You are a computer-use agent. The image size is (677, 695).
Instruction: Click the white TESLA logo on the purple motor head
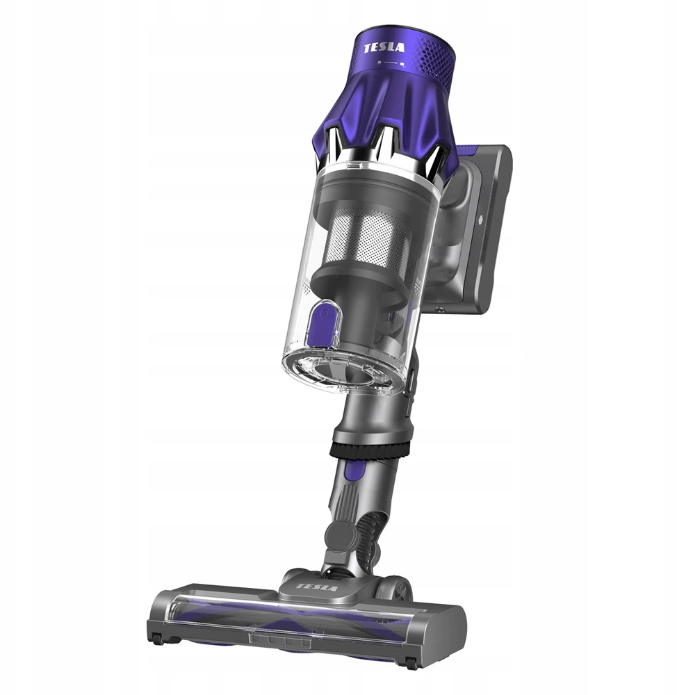tap(384, 47)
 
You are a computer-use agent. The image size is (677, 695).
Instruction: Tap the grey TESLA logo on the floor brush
tap(316, 587)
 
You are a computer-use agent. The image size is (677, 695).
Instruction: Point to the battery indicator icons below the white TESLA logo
tap(391, 64)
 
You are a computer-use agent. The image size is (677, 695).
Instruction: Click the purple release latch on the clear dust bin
tap(324, 322)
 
